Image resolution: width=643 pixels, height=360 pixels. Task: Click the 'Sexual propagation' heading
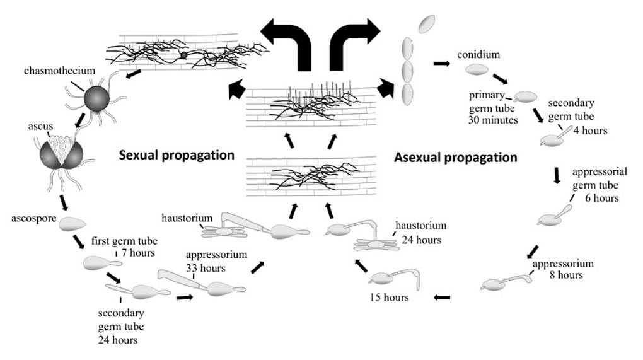177,155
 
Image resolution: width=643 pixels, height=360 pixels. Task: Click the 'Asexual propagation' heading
456,158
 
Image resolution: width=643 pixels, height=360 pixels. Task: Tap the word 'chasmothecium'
59,71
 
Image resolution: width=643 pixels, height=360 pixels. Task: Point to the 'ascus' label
40,126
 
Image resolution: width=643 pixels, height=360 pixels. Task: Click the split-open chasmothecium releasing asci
62,153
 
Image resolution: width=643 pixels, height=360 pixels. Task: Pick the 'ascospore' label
33,218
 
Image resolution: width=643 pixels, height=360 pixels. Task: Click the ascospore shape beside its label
72,224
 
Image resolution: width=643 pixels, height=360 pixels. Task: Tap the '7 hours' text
138,253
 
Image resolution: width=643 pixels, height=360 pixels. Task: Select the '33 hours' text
206,268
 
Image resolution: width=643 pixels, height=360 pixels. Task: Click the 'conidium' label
478,54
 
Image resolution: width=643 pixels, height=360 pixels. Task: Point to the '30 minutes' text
493,120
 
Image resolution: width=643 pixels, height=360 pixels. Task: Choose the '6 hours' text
601,198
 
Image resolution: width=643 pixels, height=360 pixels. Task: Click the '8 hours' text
566,275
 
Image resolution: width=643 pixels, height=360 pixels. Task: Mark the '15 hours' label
389,297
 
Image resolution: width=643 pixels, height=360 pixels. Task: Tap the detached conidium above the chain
427,24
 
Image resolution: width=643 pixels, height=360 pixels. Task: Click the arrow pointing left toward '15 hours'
442,297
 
